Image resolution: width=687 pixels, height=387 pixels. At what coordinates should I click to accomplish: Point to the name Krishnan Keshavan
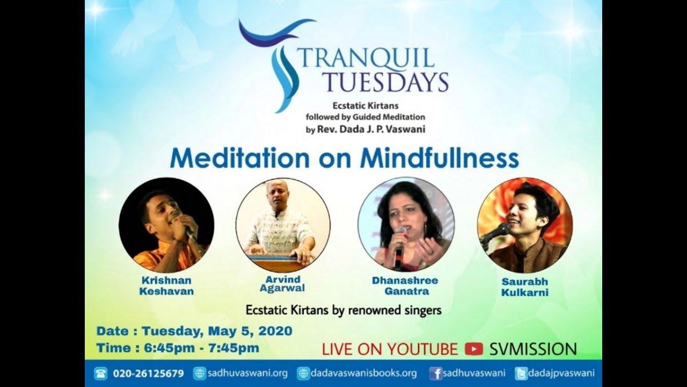166,286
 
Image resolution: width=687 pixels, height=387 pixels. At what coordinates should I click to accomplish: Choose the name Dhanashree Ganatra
405,286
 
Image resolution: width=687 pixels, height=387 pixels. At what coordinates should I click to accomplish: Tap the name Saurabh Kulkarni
524,287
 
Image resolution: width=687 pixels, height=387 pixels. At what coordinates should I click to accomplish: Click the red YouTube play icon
474,349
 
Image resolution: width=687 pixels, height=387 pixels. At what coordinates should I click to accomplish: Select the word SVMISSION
533,349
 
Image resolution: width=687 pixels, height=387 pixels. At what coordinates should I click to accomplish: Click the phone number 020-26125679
148,374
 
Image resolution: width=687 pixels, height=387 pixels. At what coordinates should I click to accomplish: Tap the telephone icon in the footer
100,374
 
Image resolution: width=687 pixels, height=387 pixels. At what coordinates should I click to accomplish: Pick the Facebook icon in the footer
436,374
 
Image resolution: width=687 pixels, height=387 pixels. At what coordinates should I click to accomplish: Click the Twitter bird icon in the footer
521,374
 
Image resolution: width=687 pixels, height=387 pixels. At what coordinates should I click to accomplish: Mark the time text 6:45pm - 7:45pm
201,348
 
